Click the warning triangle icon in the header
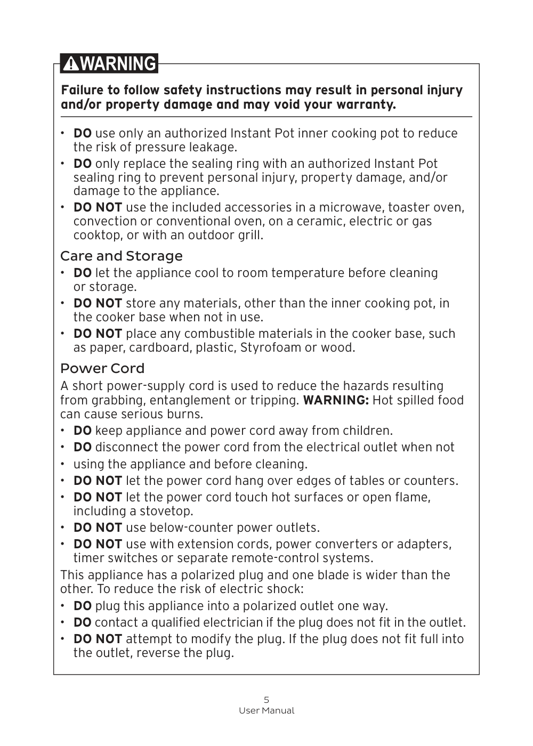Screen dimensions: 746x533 (x=71, y=64)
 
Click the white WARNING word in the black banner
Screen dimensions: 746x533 (x=119, y=64)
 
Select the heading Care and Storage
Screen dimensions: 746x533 (x=121, y=256)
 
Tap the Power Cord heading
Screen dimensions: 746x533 (x=102, y=369)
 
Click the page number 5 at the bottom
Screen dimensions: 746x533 (x=266, y=700)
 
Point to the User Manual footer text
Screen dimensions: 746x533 (x=266, y=711)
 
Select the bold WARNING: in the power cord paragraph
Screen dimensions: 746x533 (x=336, y=400)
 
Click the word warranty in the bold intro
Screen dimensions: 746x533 (x=369, y=104)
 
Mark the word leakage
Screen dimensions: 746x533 (x=211, y=148)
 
